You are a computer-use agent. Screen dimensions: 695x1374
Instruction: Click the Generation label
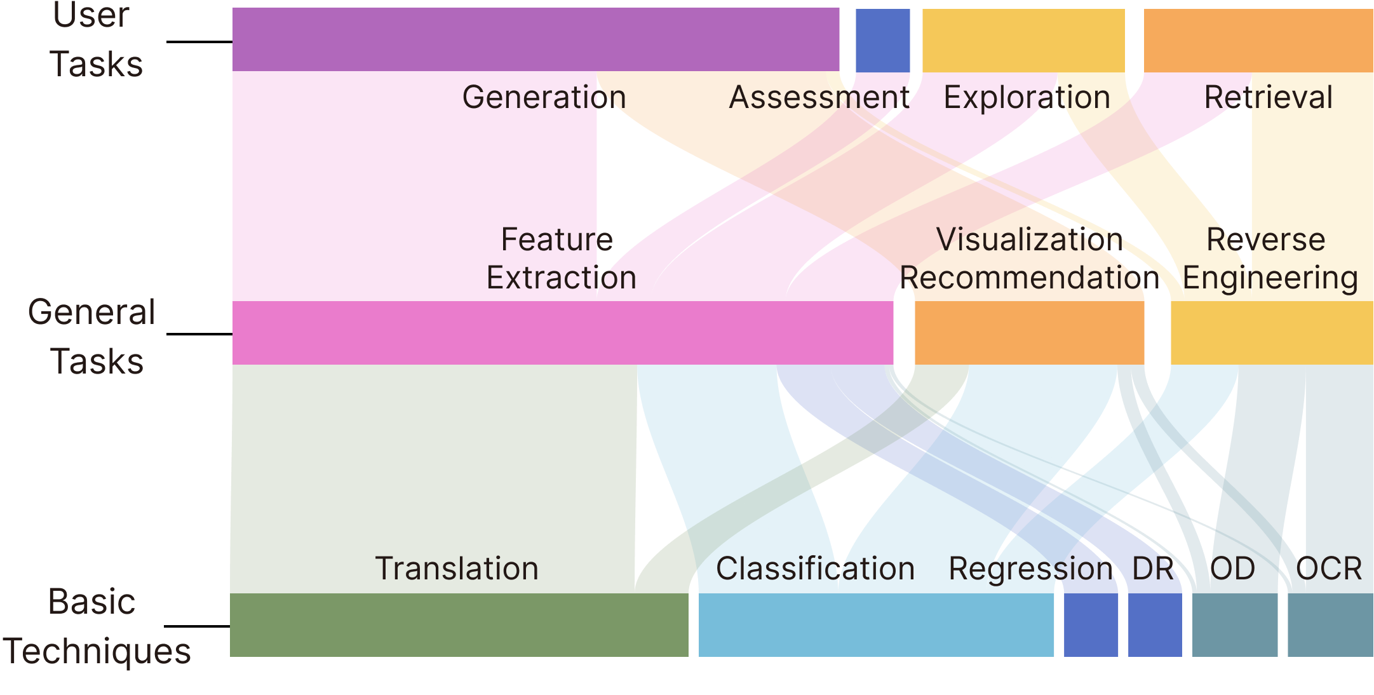544,97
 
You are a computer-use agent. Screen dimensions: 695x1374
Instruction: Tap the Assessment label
819,97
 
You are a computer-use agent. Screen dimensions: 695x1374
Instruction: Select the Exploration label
1027,97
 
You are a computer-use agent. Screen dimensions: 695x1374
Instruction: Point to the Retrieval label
1268,97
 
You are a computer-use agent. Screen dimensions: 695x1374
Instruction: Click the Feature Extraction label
560,259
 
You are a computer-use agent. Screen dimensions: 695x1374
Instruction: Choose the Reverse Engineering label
1269,259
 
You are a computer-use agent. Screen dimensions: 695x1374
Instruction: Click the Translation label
456,568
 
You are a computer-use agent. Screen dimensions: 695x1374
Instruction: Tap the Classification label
815,568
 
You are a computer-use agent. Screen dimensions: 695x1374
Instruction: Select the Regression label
1030,568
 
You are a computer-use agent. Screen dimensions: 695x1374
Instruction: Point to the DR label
1153,568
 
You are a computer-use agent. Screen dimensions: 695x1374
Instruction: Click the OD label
1232,568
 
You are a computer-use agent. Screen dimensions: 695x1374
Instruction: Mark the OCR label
1329,568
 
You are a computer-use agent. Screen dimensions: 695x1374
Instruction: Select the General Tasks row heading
93,337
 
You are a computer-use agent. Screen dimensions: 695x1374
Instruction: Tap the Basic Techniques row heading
95,626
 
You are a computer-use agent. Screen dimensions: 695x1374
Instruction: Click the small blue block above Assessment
882,39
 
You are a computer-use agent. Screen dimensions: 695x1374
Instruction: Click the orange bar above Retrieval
1258,39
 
